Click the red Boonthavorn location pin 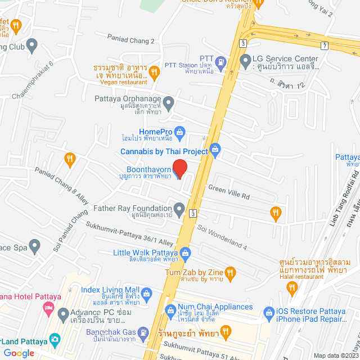(179, 168)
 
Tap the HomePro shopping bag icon (179, 133)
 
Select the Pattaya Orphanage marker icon (168, 102)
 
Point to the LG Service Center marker (245, 60)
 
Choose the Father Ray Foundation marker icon (179, 210)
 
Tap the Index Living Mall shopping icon (146, 293)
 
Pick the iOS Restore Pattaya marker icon (268, 311)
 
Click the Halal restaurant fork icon (291, 288)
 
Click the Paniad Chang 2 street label (131, 40)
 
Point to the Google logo (19, 353)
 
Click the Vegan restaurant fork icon (154, 73)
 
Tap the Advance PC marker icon (63, 313)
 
